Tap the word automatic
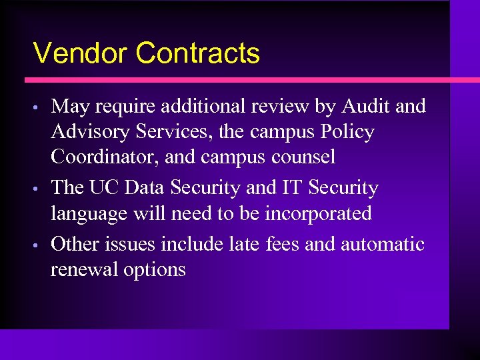coord(382,244)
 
